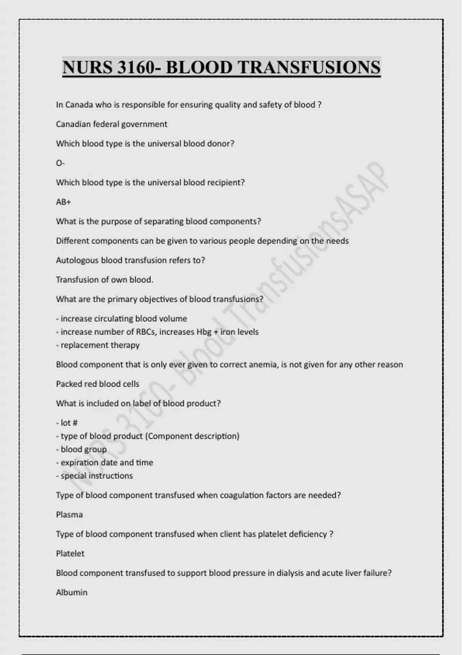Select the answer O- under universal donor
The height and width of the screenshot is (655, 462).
click(x=60, y=163)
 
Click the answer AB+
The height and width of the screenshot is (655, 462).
click(x=63, y=202)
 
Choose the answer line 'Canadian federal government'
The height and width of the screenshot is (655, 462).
click(x=111, y=124)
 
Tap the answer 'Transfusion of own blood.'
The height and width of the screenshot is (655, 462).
click(x=104, y=280)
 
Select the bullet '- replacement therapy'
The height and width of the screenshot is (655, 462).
click(x=98, y=345)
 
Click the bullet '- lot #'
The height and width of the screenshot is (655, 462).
click(x=67, y=423)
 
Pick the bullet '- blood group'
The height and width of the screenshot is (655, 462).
click(x=81, y=449)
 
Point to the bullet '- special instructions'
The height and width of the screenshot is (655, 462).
click(x=94, y=475)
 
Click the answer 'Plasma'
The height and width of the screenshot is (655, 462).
click(x=69, y=515)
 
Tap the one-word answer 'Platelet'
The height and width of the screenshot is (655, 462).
click(x=70, y=554)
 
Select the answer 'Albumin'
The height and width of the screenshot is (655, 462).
click(x=72, y=593)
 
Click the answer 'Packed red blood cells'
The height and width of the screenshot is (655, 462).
click(x=97, y=384)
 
